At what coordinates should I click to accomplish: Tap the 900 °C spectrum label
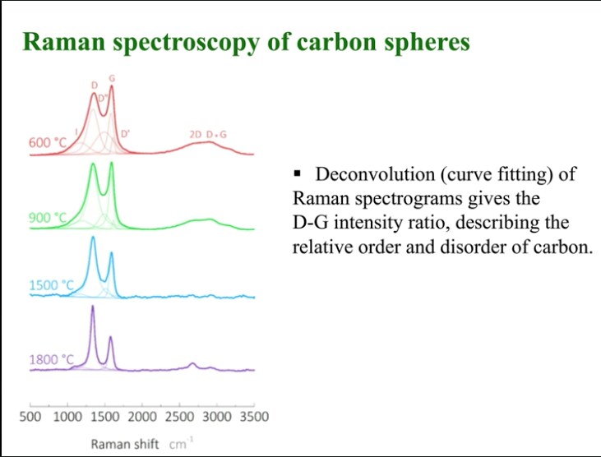tap(47, 218)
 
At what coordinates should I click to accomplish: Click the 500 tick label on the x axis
tap(30, 418)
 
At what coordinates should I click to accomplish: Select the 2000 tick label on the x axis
tap(142, 418)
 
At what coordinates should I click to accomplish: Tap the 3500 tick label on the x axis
tap(254, 418)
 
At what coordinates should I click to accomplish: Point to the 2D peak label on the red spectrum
tap(196, 133)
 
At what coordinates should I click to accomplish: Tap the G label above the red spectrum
tap(112, 77)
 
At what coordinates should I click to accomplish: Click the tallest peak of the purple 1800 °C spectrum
tap(92, 307)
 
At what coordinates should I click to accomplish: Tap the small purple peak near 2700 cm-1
tap(192, 363)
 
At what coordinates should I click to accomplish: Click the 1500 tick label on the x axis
tap(104, 418)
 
